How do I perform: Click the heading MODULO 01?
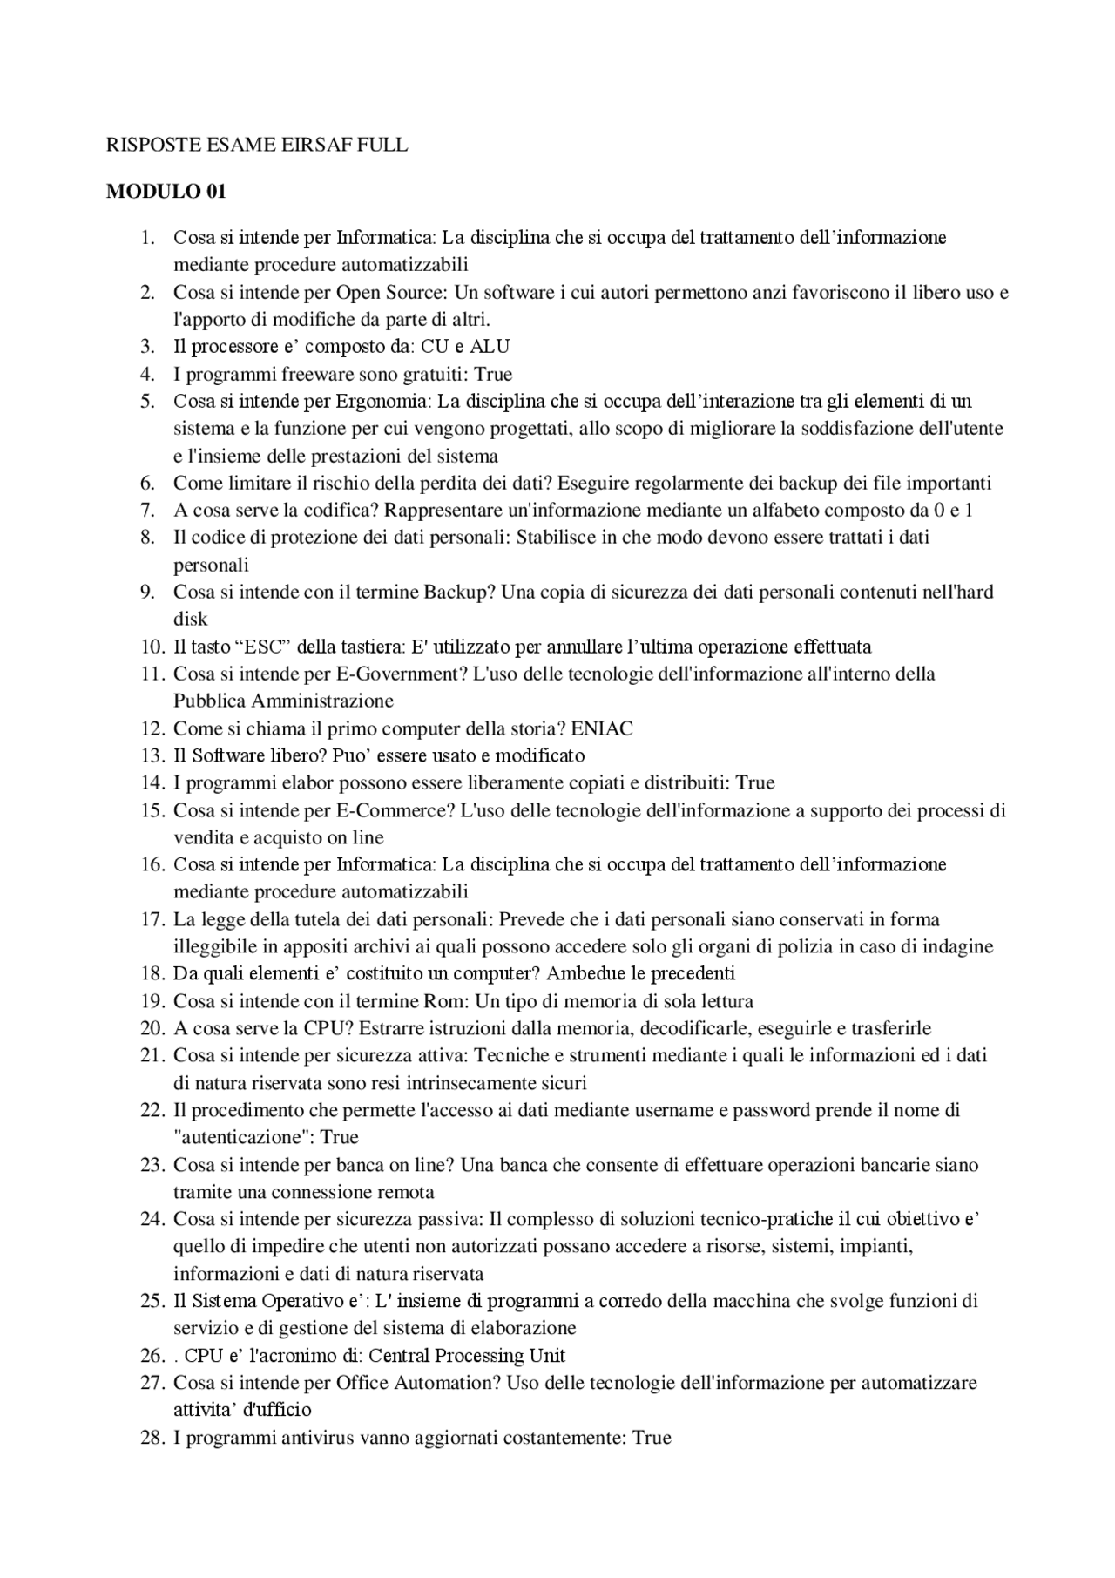166,193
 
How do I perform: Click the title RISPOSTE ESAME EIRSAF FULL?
256,146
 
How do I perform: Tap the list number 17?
152,919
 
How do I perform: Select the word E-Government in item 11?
397,674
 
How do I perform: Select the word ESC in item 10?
260,647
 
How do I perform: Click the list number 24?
152,1219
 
